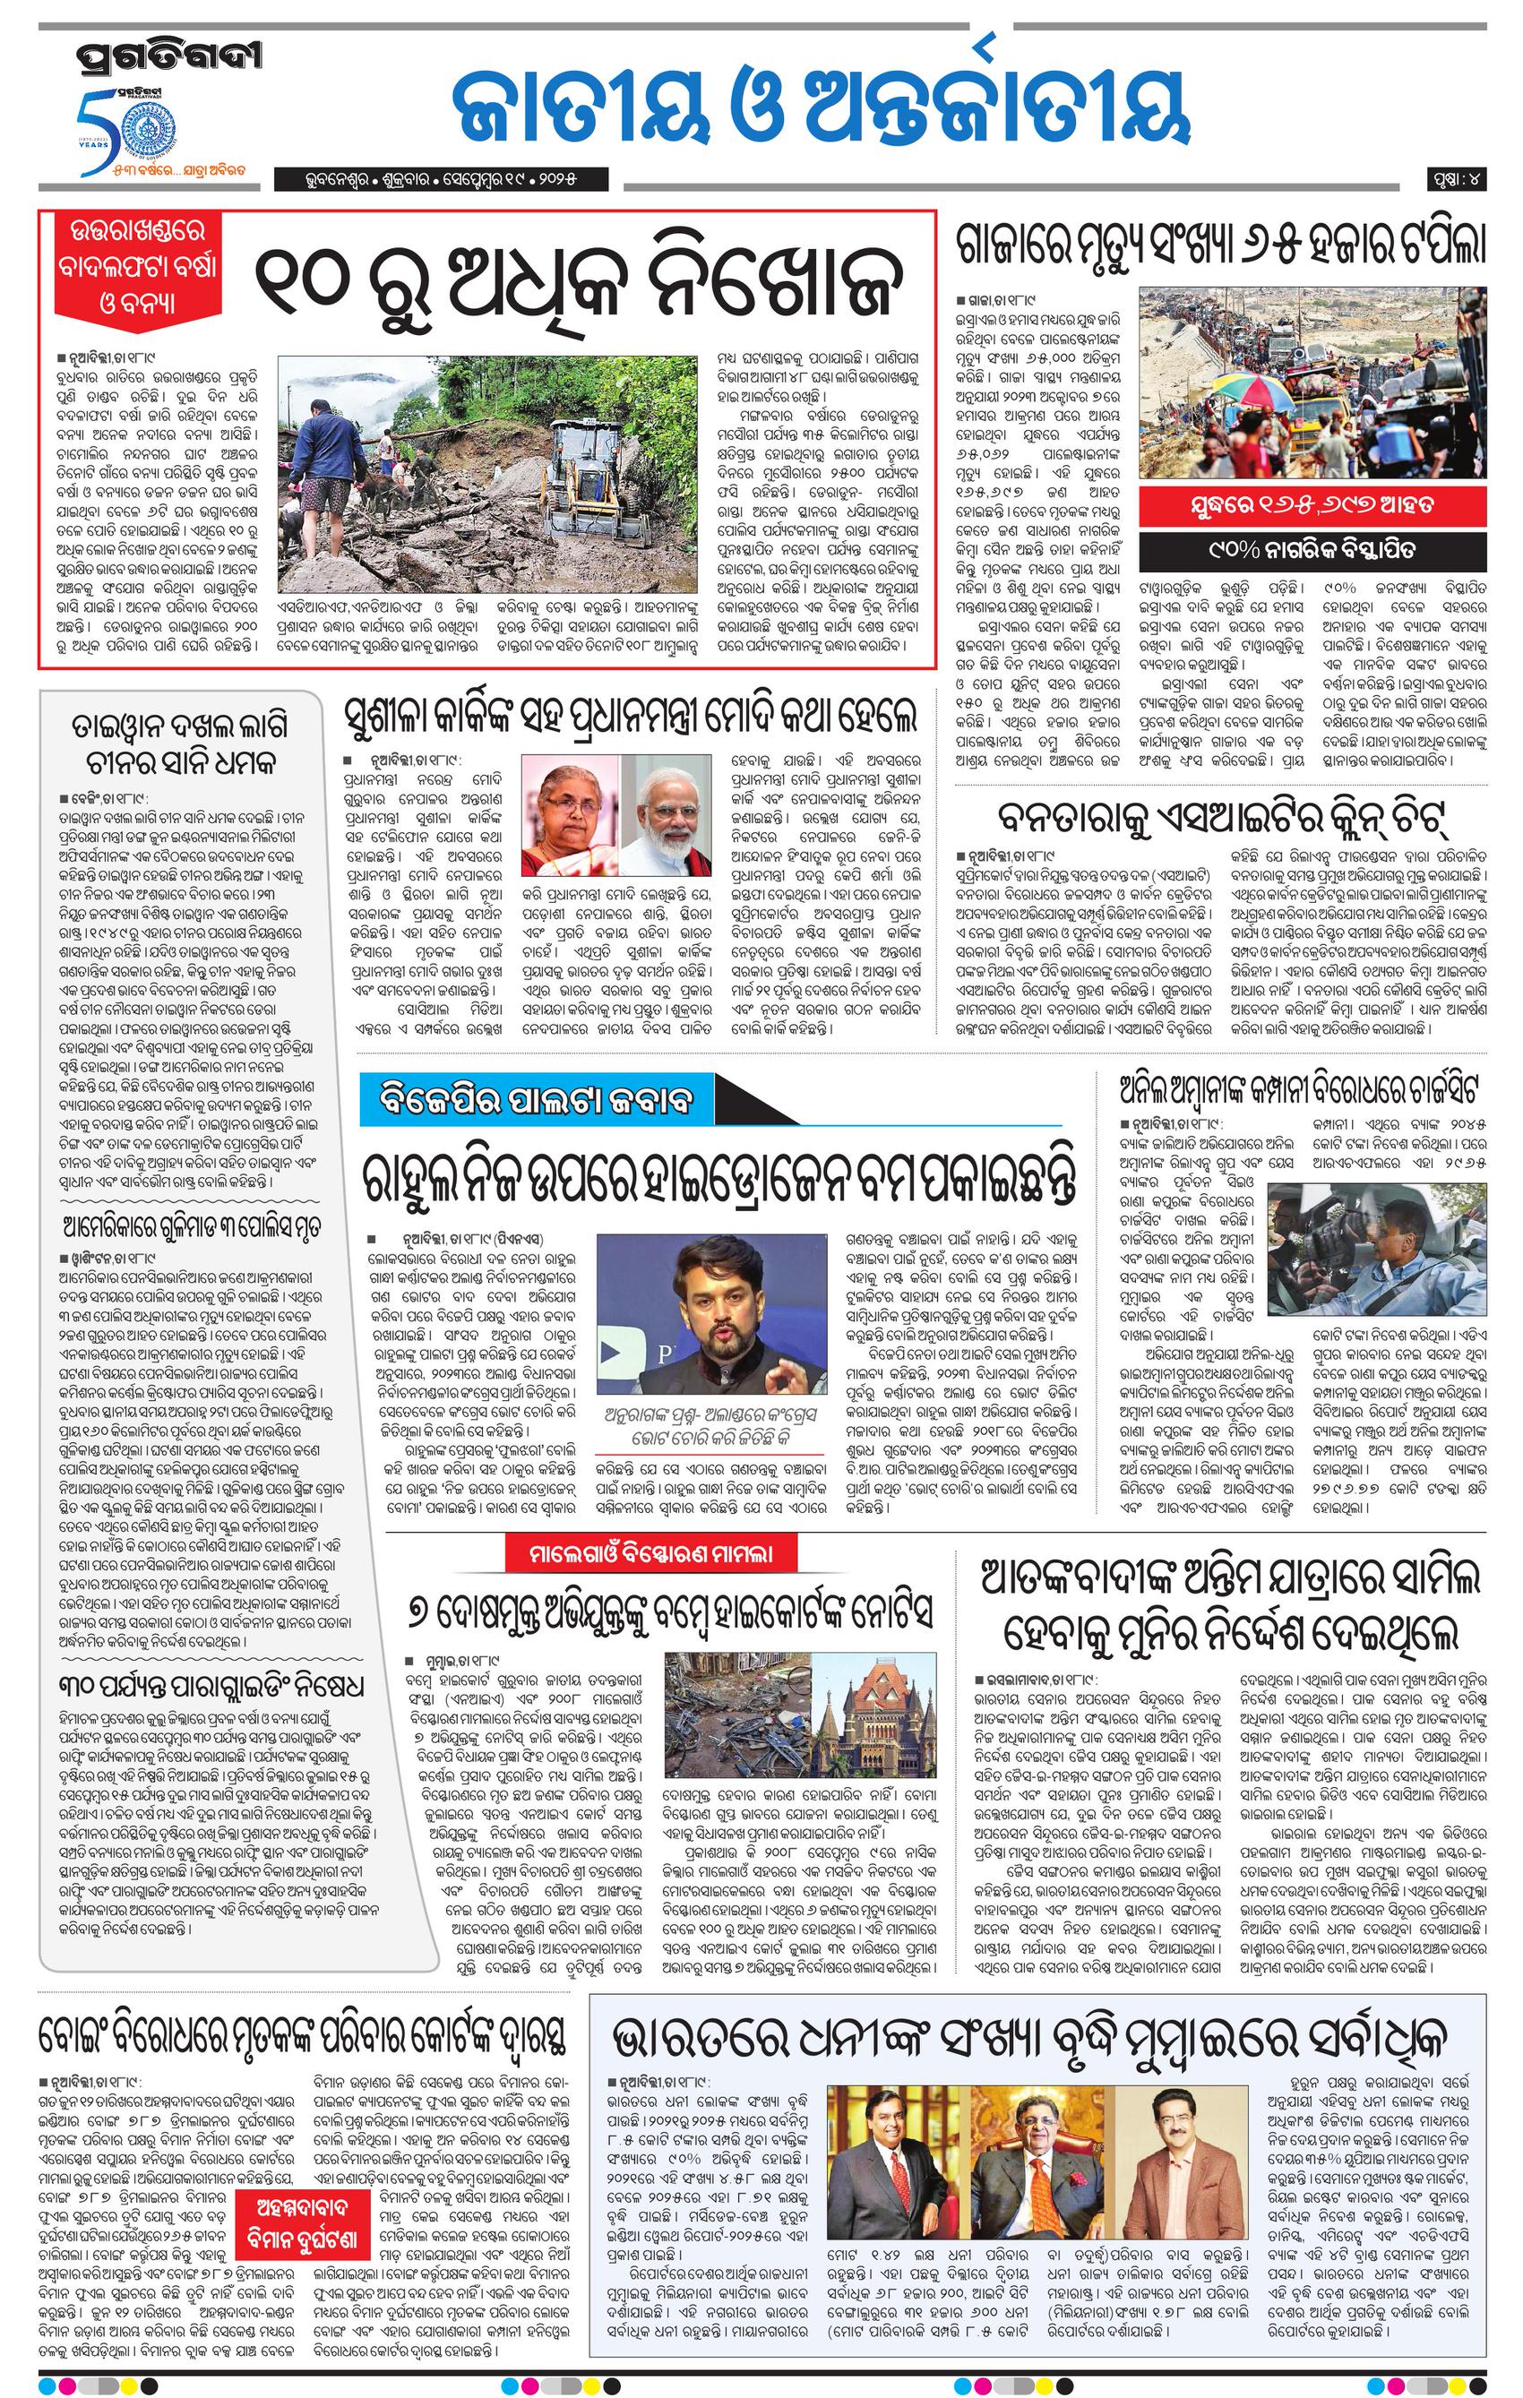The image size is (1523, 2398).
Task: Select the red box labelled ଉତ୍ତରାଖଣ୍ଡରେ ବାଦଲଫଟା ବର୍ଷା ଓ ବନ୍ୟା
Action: (x=137, y=267)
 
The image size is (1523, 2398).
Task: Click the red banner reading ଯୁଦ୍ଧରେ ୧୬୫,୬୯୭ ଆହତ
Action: (x=1312, y=504)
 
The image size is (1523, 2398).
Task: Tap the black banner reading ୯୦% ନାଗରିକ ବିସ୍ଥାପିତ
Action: (x=1312, y=549)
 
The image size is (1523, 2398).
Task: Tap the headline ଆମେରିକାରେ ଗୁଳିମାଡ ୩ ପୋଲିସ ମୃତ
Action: (x=179, y=1225)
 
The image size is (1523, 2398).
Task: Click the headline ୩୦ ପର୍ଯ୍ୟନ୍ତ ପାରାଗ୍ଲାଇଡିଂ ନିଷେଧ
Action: (x=199, y=1687)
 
